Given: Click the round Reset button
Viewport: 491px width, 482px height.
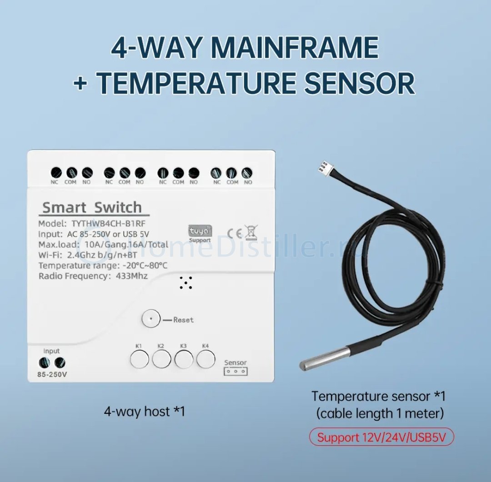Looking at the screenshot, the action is [x=151, y=319].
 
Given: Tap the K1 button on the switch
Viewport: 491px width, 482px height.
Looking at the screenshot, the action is [x=139, y=359].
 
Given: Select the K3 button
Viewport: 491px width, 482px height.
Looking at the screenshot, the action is [x=184, y=359].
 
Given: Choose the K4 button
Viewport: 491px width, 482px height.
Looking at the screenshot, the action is [x=206, y=359].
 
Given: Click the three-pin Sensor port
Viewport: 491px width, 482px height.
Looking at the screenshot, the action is [x=235, y=372].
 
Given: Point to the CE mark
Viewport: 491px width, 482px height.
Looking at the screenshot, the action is [x=234, y=234].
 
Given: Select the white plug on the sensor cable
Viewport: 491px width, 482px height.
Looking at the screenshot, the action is [x=322, y=168].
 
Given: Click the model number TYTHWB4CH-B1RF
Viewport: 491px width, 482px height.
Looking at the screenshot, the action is [x=109, y=224].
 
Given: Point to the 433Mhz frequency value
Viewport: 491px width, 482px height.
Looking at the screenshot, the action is [x=131, y=276].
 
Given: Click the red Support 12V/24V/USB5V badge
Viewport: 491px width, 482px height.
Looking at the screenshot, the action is [x=381, y=437].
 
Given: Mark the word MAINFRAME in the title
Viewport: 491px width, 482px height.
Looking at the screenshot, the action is [x=296, y=48].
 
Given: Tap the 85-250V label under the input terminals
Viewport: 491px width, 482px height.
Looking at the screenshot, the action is [x=52, y=374].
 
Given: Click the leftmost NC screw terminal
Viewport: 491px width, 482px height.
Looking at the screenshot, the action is [x=56, y=173].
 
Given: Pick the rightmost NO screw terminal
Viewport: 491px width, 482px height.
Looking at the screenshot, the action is [x=247, y=173].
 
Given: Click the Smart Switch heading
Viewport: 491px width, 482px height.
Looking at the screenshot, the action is [x=92, y=207].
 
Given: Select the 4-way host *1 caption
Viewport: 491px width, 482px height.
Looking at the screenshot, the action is [x=145, y=411].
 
